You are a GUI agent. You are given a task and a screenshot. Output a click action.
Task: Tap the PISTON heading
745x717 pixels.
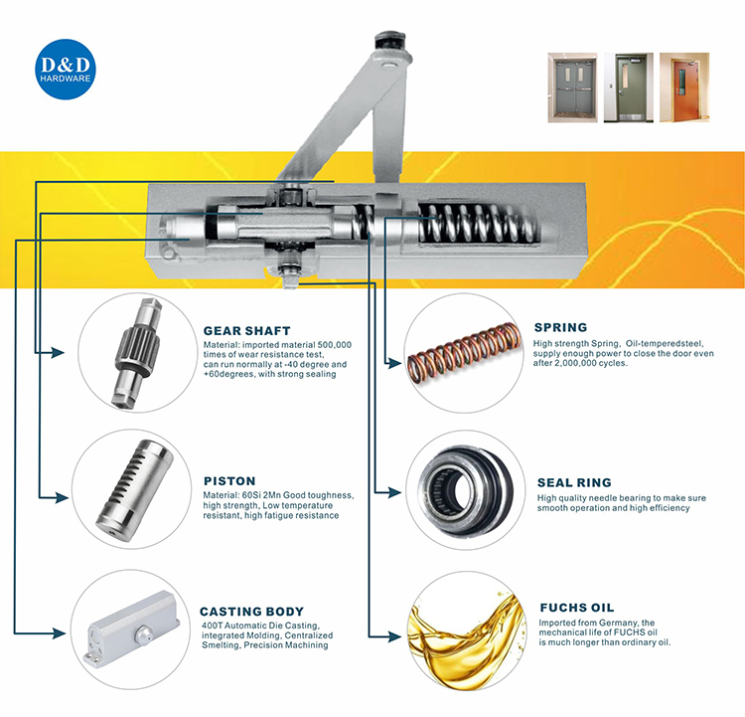[229, 480]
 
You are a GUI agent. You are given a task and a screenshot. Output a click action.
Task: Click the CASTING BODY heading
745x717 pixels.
[252, 611]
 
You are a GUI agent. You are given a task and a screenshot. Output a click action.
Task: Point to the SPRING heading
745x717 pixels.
[560, 326]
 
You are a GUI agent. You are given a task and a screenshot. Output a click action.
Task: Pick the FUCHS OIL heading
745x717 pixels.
[576, 607]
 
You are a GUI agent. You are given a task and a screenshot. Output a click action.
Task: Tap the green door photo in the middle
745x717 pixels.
[628, 88]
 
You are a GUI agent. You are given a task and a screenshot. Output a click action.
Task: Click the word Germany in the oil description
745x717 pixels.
[611, 622]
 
